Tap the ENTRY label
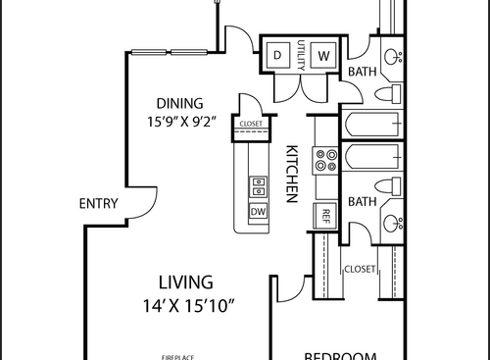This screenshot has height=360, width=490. click(x=98, y=204)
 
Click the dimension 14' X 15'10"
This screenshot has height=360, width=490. click(x=187, y=305)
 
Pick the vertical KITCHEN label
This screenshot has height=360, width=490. click(x=291, y=175)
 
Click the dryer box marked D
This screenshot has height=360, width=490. click(x=277, y=53)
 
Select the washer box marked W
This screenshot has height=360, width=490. click(x=324, y=53)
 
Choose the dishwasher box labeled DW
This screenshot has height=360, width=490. click(x=259, y=212)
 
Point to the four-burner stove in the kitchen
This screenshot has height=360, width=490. click(x=324, y=160)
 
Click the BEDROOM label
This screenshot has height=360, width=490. click(x=341, y=354)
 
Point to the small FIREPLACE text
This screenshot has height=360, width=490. click(x=180, y=355)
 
